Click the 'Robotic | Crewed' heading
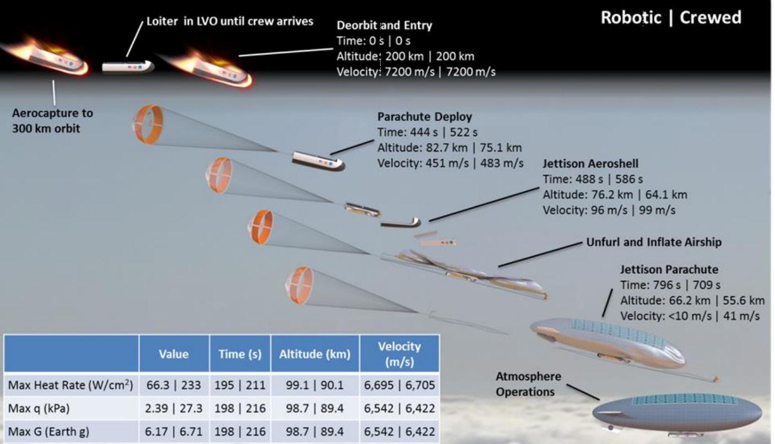pos(671,18)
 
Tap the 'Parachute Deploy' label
pos(425,117)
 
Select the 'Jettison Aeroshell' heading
pos(590,164)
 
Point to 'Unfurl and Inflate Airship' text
pos(654,242)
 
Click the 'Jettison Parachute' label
pos(669,269)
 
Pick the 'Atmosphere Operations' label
pos(528,384)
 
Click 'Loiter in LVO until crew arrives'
pos(230,21)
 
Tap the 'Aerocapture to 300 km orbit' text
pos(52,121)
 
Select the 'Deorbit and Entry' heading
pos(384,25)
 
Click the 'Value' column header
pos(174,354)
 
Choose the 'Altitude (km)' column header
pos(315,354)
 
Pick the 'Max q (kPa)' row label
pos(39,408)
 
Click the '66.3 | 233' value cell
pos(174,385)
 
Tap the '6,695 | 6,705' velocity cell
pos(399,385)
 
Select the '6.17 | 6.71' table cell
pos(174,431)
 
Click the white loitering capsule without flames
pos(128,67)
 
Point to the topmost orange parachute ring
pos(148,124)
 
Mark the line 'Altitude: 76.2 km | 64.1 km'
pos(615,195)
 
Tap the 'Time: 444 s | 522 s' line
pos(427,132)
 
